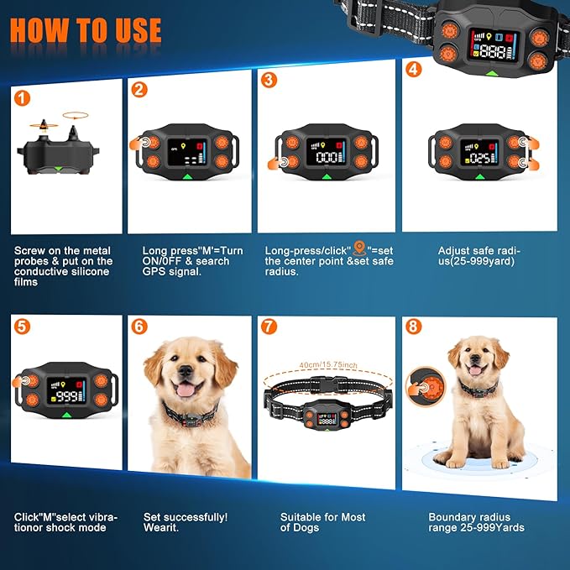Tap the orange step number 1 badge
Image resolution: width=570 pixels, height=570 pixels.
[x=23, y=97]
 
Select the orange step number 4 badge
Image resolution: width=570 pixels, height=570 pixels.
[x=413, y=70]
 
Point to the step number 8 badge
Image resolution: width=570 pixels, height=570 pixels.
[x=413, y=326]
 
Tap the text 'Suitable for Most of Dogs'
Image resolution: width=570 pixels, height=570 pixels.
[x=311, y=522]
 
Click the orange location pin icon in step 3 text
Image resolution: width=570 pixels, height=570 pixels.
[x=358, y=248]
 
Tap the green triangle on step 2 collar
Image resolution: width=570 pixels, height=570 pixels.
[x=186, y=176]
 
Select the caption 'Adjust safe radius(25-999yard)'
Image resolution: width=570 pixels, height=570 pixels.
[x=478, y=255]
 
